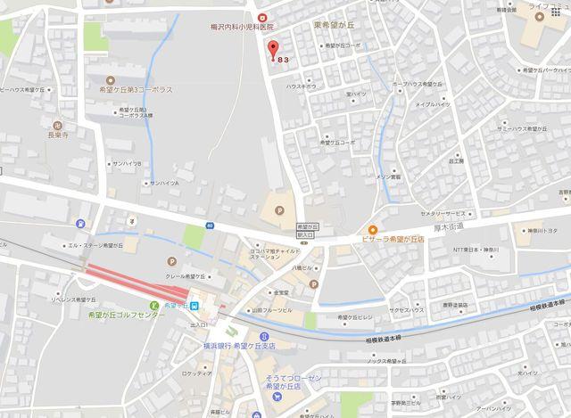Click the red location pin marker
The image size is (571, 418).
pos(273,50)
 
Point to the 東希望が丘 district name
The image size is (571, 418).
pos(334,26)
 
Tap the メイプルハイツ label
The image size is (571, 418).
pos(431,104)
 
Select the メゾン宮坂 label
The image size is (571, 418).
pos(388,177)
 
